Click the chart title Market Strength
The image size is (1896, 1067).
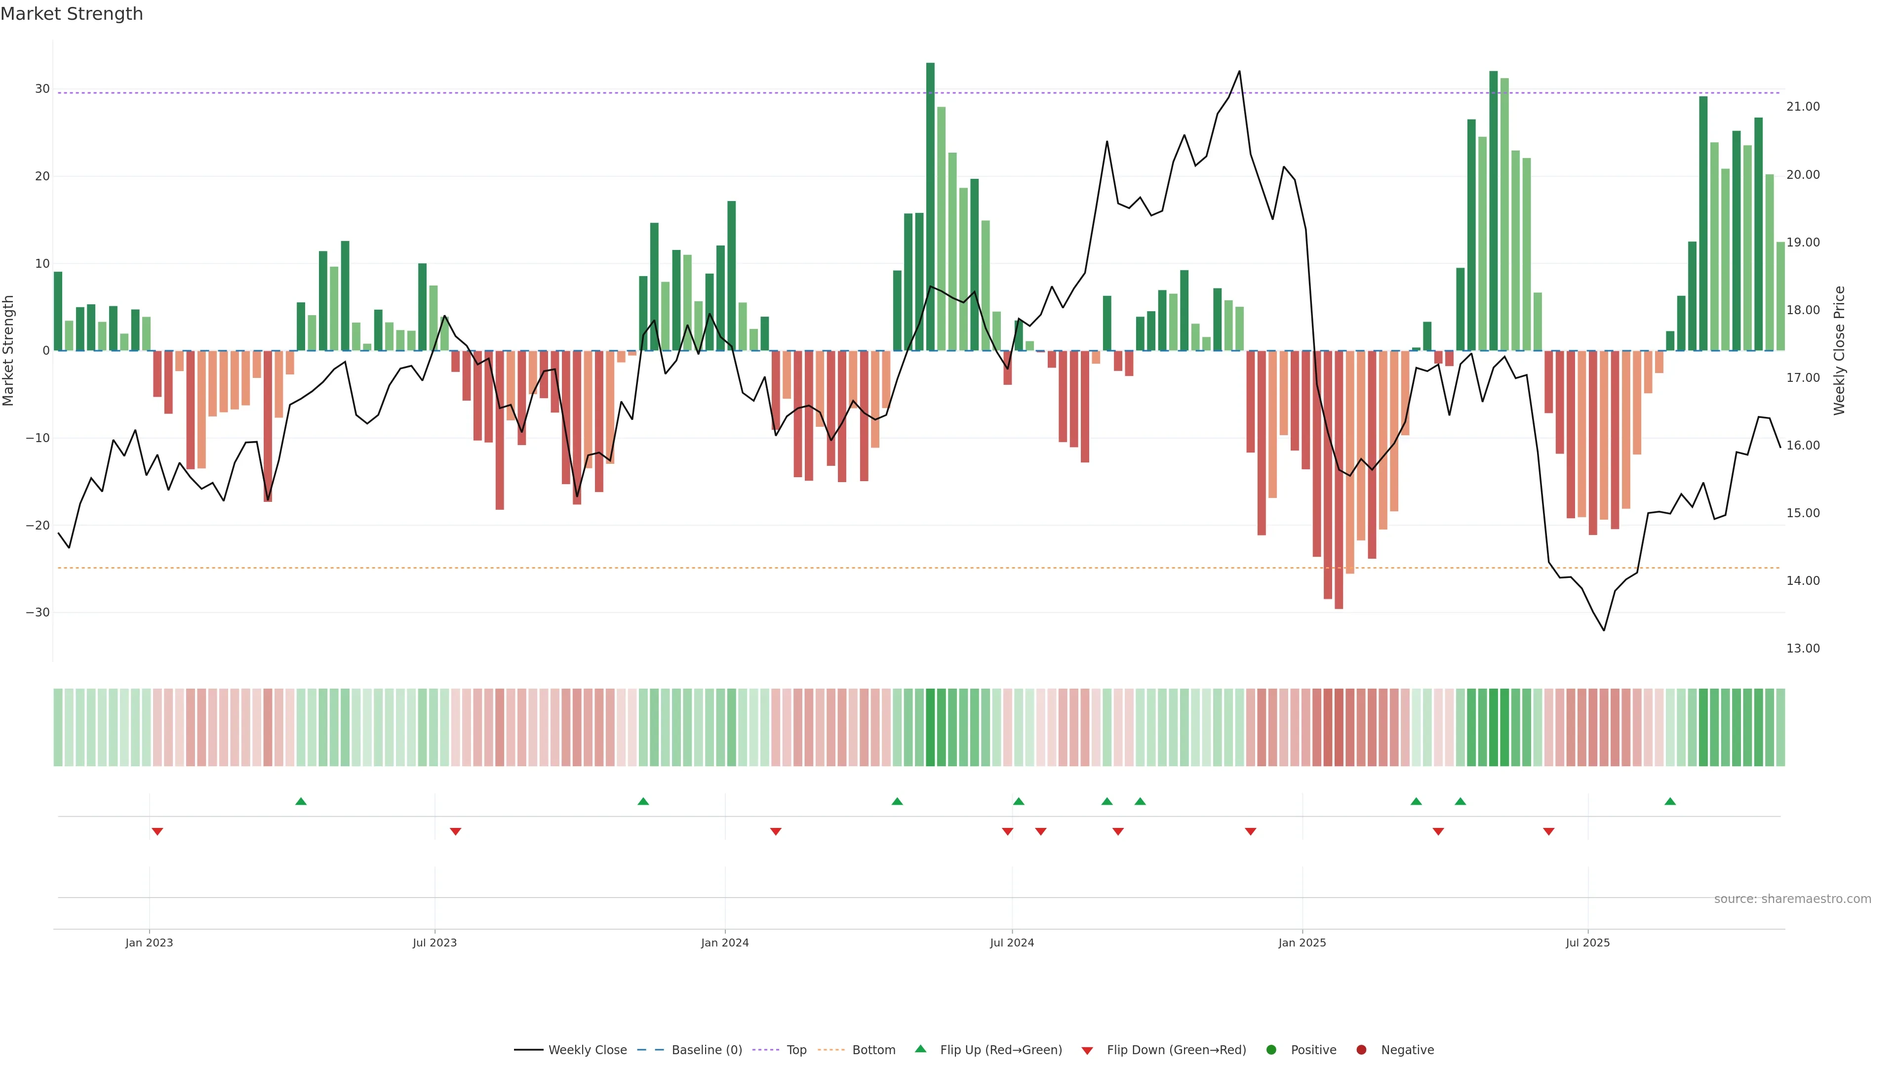(x=72, y=14)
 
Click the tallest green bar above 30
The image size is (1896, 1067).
(x=930, y=206)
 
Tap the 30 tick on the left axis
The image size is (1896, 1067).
(x=42, y=89)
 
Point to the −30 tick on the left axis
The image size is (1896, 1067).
(x=38, y=613)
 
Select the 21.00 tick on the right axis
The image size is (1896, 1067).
(x=1803, y=107)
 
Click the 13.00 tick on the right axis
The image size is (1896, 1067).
(x=1803, y=649)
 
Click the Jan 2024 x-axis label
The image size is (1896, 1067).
(x=724, y=943)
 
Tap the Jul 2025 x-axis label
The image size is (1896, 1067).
(x=1587, y=943)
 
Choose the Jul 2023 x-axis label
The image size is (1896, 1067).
(x=434, y=943)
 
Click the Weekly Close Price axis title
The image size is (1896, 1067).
(x=1839, y=351)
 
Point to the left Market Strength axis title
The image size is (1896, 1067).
(x=9, y=351)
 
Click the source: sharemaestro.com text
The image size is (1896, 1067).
(x=1792, y=899)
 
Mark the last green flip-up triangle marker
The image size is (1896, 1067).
(x=1670, y=801)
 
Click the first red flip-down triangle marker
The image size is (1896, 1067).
(x=157, y=831)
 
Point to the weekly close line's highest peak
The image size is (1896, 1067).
(x=1239, y=72)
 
